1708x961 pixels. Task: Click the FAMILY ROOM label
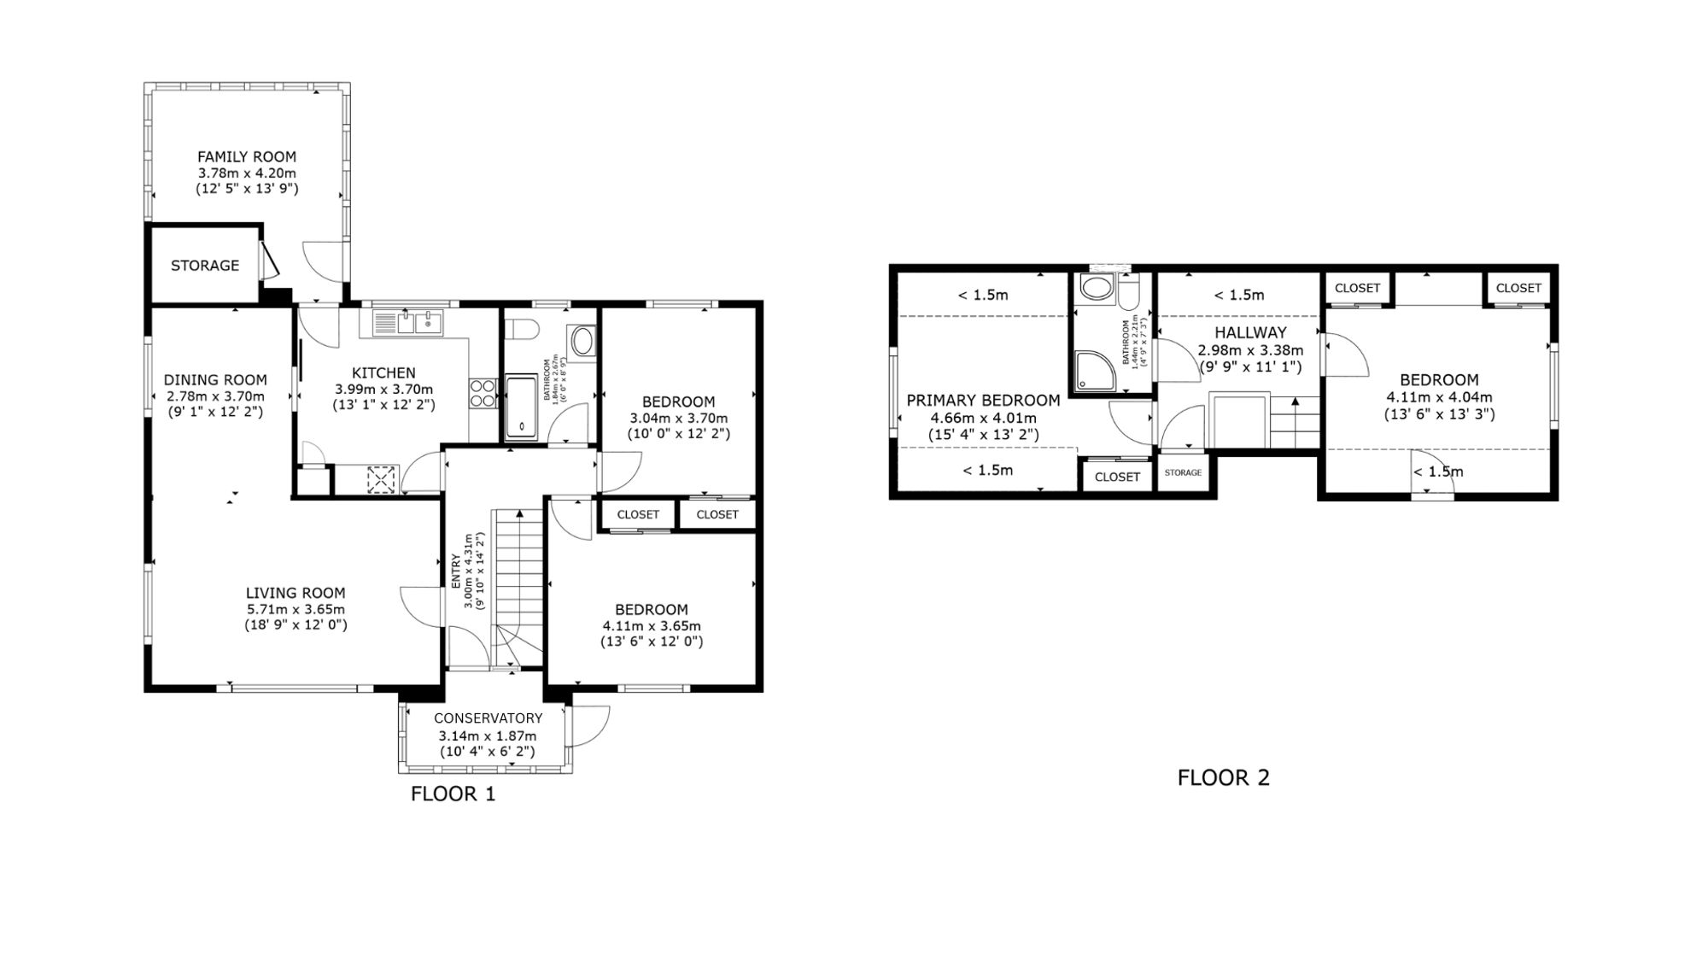click(247, 156)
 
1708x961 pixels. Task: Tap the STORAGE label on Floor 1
click(205, 266)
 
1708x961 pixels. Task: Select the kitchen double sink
click(407, 323)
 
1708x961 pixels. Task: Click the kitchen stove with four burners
click(483, 393)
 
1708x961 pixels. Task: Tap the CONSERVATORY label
click(488, 718)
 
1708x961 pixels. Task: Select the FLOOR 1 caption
click(453, 794)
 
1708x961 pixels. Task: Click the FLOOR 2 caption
click(1223, 777)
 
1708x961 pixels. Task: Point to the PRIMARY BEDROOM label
click(983, 401)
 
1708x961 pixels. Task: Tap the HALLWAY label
click(1250, 332)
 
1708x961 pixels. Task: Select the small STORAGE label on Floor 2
click(1183, 472)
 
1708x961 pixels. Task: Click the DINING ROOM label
click(215, 380)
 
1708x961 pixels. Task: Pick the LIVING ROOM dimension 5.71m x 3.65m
click(295, 609)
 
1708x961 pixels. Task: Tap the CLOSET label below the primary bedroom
click(1117, 477)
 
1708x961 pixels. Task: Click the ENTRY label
click(455, 571)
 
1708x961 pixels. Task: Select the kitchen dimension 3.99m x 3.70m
click(383, 389)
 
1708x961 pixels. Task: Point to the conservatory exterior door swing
click(592, 724)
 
